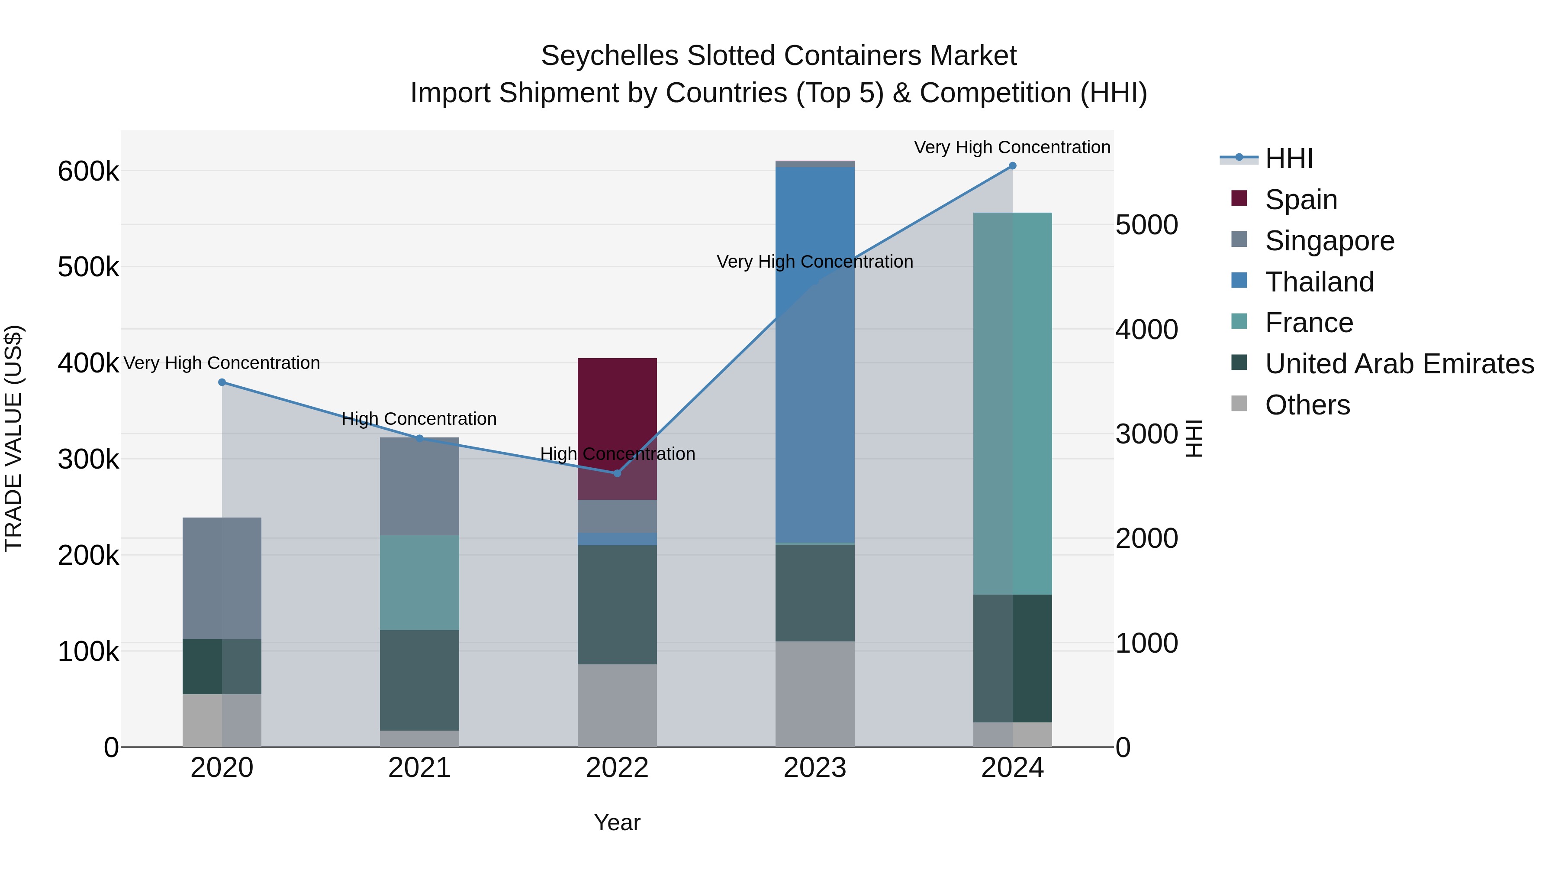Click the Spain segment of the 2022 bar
617,411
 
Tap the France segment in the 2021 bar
419,582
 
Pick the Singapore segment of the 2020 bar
222,578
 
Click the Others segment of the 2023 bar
814,694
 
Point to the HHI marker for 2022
617,473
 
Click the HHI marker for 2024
1012,166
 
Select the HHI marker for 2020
222,382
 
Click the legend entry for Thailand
1319,282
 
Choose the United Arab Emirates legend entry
1398,364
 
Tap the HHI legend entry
1288,159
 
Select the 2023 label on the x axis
814,768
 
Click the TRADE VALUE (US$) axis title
13,438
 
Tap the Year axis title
617,822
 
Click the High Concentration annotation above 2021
419,419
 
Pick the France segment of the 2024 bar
1012,403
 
